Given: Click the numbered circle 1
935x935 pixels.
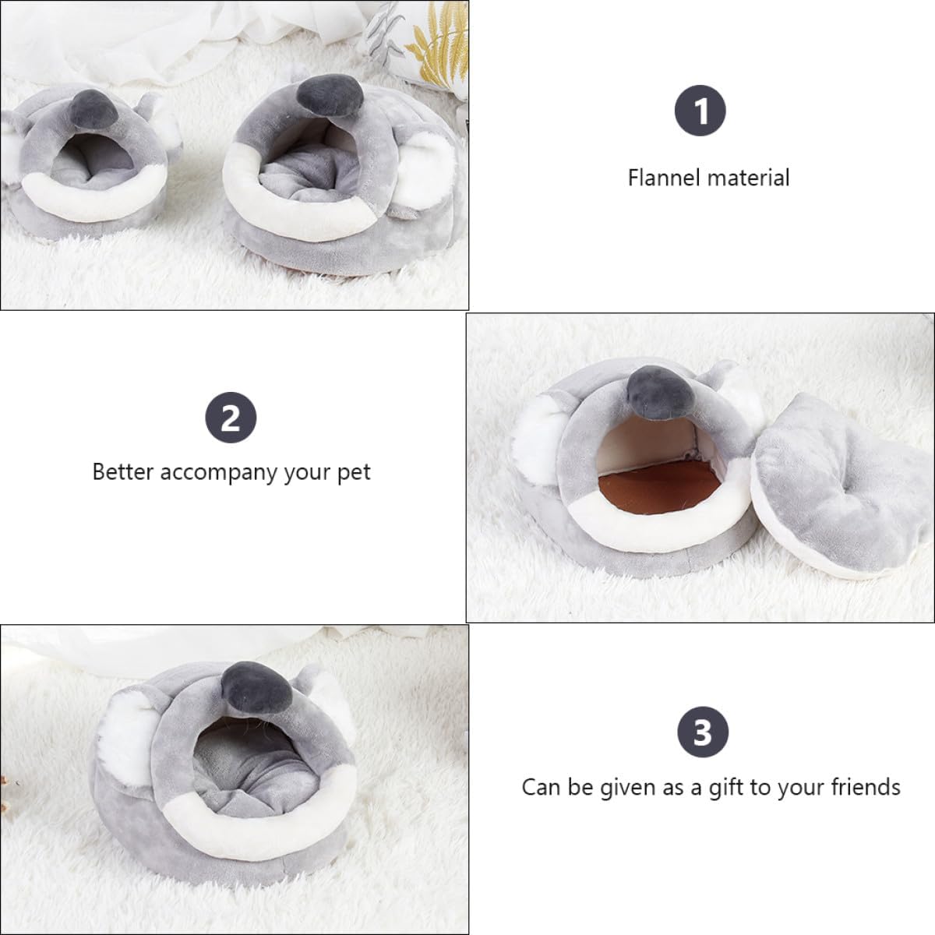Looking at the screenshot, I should pos(700,111).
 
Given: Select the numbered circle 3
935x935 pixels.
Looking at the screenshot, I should pos(702,732).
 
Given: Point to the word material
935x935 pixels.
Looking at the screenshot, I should pos(748,178).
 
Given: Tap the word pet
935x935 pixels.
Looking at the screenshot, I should pos(355,473).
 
